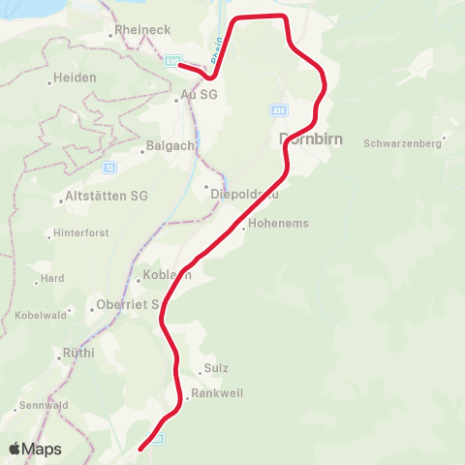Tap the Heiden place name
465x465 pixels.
click(x=75, y=77)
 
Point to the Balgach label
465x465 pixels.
click(x=170, y=146)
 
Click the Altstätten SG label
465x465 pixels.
click(x=106, y=197)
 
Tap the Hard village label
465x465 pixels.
click(x=52, y=278)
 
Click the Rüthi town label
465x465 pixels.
click(x=77, y=354)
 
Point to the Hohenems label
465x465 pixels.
click(x=278, y=223)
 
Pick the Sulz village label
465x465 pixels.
click(x=215, y=369)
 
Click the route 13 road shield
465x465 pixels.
click(x=109, y=167)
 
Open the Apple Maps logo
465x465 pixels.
click(x=35, y=449)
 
